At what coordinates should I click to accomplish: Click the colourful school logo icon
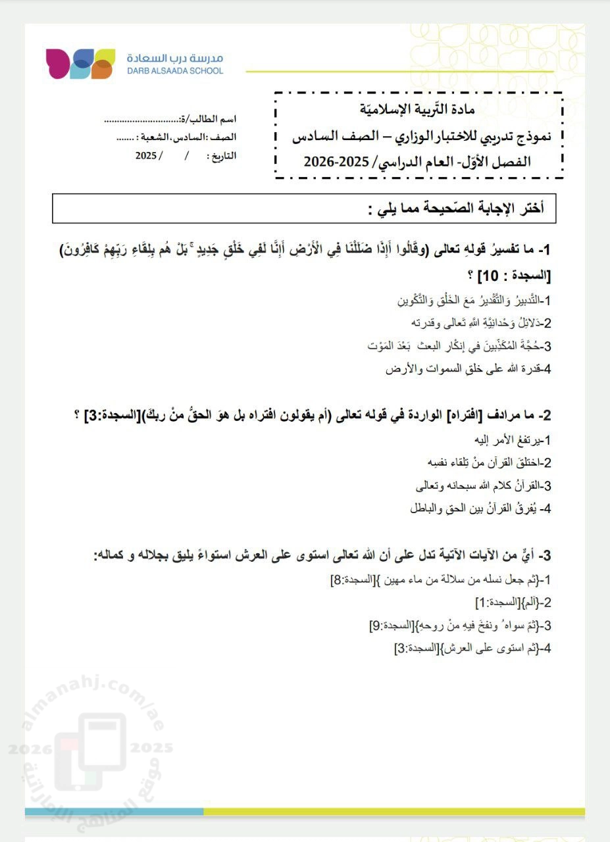80,64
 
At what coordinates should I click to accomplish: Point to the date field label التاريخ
222,157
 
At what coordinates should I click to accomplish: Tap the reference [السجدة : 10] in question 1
516,274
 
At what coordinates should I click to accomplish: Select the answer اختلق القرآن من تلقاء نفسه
488,463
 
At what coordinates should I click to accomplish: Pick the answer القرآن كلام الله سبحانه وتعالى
483,486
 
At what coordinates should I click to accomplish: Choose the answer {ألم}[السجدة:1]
513,603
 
